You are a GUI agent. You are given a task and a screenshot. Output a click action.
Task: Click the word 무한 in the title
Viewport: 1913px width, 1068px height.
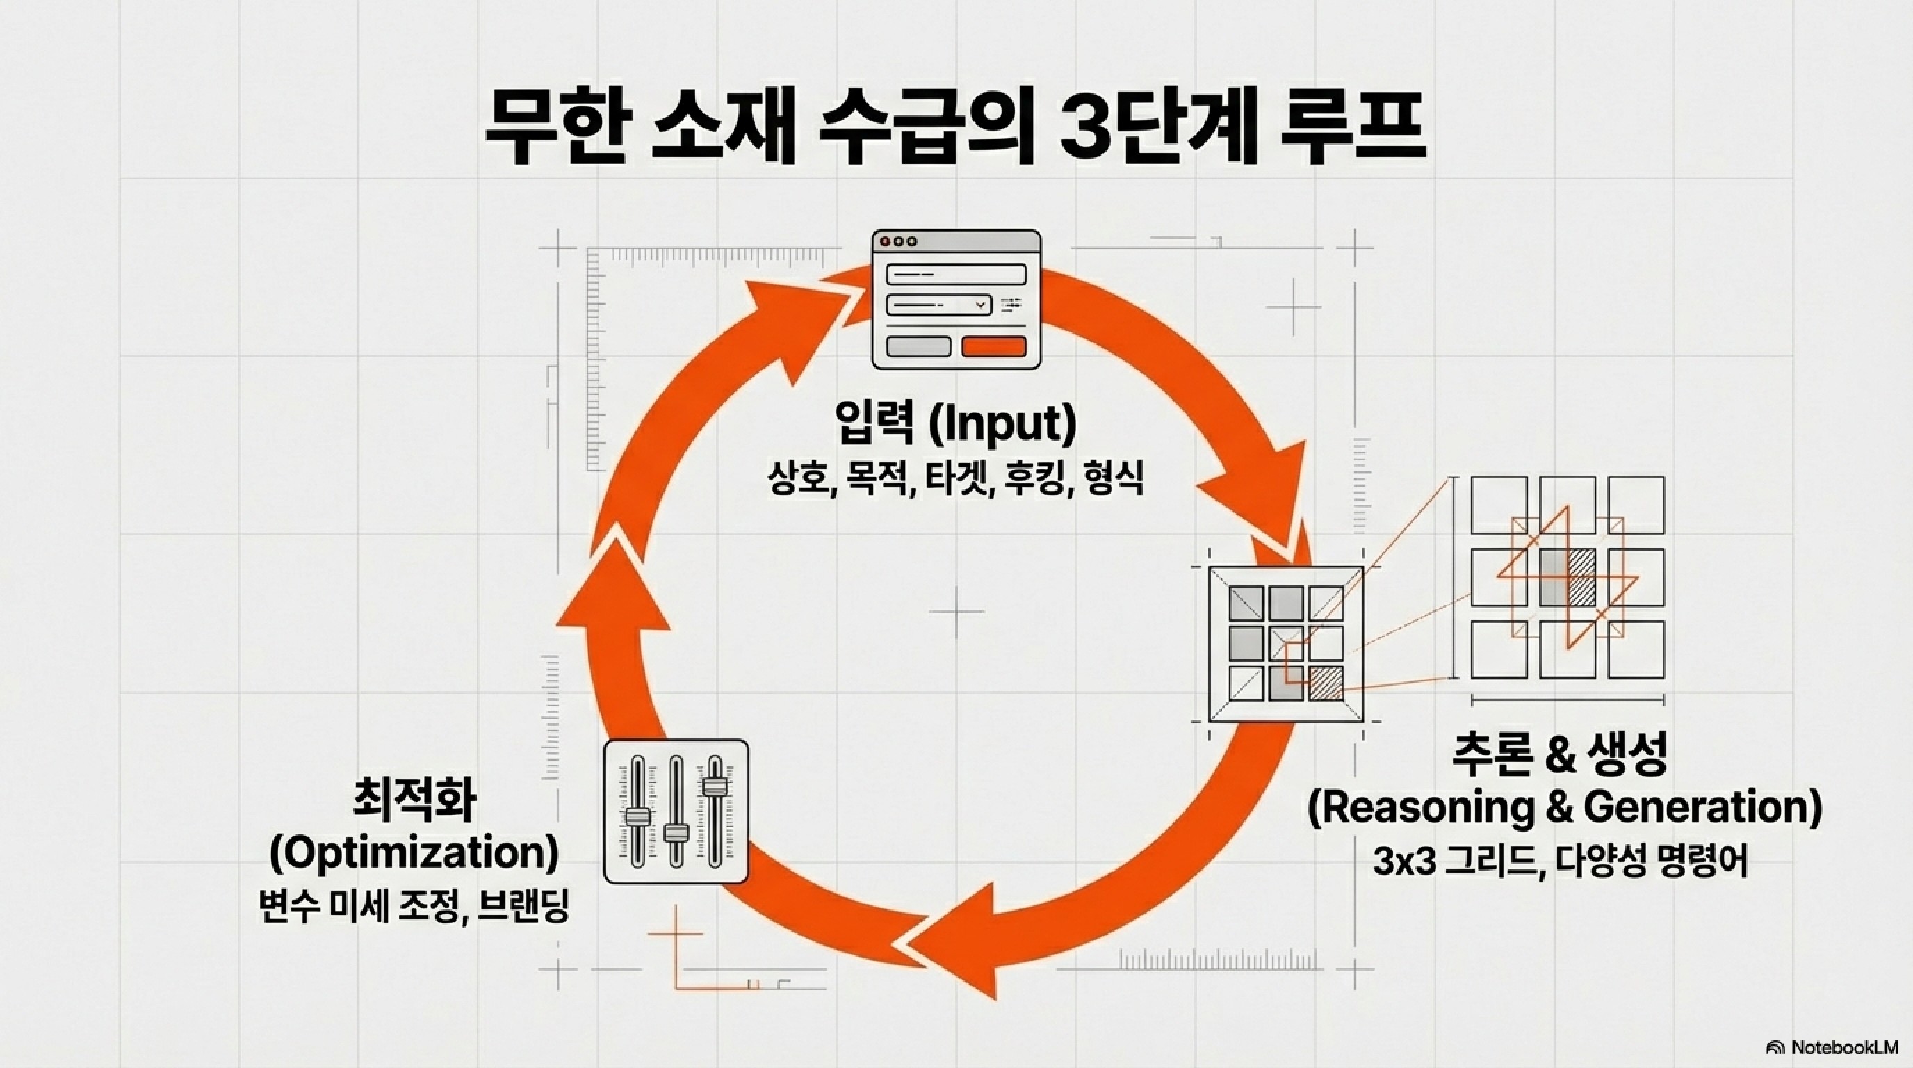[x=554, y=138]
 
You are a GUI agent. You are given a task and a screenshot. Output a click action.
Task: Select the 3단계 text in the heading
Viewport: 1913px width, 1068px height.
[x=1155, y=138]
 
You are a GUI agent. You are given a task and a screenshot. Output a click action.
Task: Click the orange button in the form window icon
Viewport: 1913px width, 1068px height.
[x=993, y=346]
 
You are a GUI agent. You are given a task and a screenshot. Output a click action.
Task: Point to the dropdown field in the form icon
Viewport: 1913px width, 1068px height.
[x=938, y=305]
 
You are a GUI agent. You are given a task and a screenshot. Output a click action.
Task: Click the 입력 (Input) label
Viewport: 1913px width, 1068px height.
[x=955, y=425]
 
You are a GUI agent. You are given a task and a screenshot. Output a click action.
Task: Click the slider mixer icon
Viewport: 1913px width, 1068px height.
[x=676, y=811]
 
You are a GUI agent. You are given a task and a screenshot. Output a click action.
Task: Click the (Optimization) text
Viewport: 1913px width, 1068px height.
[x=414, y=854]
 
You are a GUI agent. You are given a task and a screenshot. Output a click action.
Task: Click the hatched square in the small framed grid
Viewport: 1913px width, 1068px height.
[x=1325, y=683]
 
